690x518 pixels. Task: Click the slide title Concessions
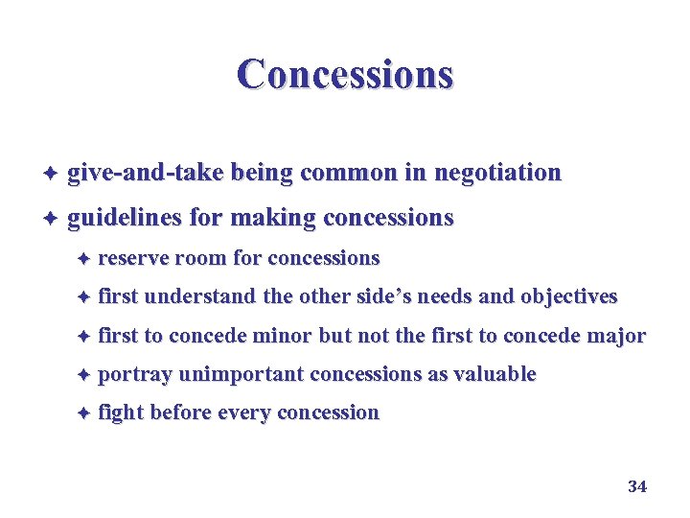(x=345, y=74)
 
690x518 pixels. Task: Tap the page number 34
(x=637, y=486)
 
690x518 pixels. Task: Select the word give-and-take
(x=145, y=173)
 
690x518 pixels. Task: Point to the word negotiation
(x=497, y=173)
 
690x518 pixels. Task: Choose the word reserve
(x=129, y=258)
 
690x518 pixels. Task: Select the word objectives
(x=569, y=296)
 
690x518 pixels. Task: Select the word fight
(x=121, y=413)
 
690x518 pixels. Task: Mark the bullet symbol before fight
(x=83, y=413)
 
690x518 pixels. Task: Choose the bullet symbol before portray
(x=83, y=375)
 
